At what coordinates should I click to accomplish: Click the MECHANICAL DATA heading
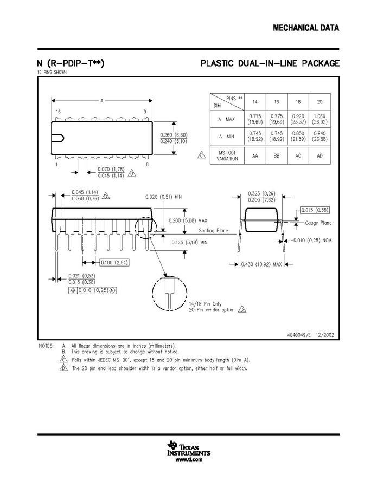click(306, 28)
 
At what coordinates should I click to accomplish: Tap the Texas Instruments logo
click(189, 448)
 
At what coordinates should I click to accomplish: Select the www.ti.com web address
click(189, 460)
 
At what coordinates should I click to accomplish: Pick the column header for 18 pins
click(298, 102)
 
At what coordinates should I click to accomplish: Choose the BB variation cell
click(277, 156)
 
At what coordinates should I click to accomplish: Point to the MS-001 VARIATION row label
click(227, 155)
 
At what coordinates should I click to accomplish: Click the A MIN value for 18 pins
click(298, 136)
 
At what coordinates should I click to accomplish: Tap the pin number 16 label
click(58, 112)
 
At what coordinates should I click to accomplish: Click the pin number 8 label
click(147, 164)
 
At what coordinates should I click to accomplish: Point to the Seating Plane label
click(213, 230)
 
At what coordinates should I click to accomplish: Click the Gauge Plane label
click(318, 223)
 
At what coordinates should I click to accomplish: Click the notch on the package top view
click(58, 138)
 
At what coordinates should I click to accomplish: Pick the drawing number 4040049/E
click(299, 335)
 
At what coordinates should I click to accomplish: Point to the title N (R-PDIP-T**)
click(71, 63)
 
